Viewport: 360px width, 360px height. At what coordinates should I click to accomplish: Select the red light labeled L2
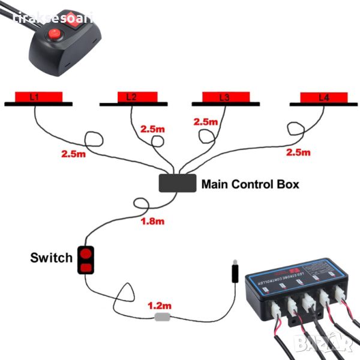tap(133, 97)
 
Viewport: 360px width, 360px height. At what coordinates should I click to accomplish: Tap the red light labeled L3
tap(225, 97)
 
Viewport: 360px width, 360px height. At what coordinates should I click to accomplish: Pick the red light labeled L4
tap(323, 97)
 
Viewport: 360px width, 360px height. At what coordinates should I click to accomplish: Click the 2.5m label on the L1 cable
tap(73, 154)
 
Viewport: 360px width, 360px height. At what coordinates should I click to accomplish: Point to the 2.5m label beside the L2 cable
tap(152, 129)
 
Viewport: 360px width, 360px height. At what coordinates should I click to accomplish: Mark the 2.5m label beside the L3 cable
tap(205, 122)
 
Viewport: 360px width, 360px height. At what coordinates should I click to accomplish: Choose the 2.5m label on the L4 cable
tap(298, 152)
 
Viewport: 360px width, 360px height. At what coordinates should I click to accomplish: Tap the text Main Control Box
tap(250, 184)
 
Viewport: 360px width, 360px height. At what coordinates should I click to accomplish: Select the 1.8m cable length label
tap(152, 221)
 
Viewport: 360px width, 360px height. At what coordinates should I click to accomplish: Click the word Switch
tap(51, 258)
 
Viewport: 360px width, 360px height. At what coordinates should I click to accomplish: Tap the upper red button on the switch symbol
tap(85, 253)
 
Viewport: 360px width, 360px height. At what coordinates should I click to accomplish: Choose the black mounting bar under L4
tap(323, 104)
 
